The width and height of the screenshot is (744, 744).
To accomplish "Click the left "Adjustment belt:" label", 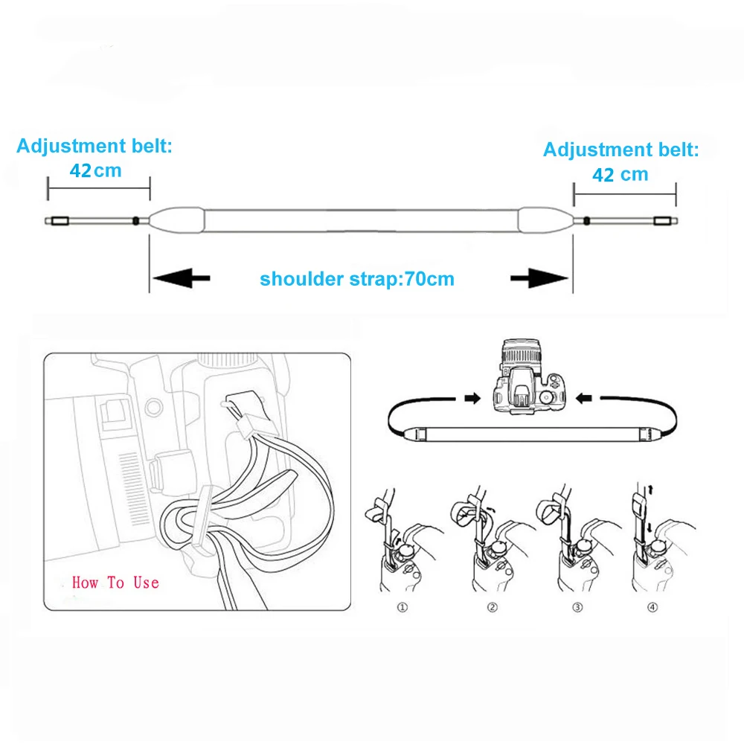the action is [x=94, y=146].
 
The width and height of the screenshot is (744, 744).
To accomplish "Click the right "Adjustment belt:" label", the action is [x=621, y=150].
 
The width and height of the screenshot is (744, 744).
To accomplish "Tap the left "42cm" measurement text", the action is [x=96, y=170].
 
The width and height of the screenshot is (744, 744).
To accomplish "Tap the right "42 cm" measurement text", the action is [x=620, y=175].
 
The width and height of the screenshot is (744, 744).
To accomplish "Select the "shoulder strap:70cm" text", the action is [x=357, y=279].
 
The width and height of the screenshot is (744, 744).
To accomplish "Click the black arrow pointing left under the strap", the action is [x=182, y=278].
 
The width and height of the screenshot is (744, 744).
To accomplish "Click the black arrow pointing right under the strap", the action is [x=539, y=278].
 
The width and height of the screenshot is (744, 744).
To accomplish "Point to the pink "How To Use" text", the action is [x=115, y=583].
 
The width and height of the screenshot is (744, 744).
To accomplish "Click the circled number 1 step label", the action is [x=403, y=607].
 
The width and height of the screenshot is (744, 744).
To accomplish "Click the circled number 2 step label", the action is [x=493, y=607].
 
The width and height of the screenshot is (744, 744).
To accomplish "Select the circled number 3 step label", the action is [x=577, y=607].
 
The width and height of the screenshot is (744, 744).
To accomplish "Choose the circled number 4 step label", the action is [x=653, y=607].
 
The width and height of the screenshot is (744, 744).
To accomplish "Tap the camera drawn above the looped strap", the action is [x=529, y=376].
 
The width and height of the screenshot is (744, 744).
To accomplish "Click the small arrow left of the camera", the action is [x=472, y=398].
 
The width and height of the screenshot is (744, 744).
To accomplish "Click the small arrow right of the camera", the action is [x=583, y=398].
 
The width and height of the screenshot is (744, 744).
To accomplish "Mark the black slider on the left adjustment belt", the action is [x=135, y=221].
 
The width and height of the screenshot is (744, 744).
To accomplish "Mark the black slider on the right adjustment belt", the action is [x=587, y=221].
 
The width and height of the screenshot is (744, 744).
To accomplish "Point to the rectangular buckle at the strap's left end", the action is [x=60, y=221].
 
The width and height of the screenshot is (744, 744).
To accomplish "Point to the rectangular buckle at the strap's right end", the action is [x=662, y=221].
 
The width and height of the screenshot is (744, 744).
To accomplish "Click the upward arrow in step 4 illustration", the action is [x=651, y=490].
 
